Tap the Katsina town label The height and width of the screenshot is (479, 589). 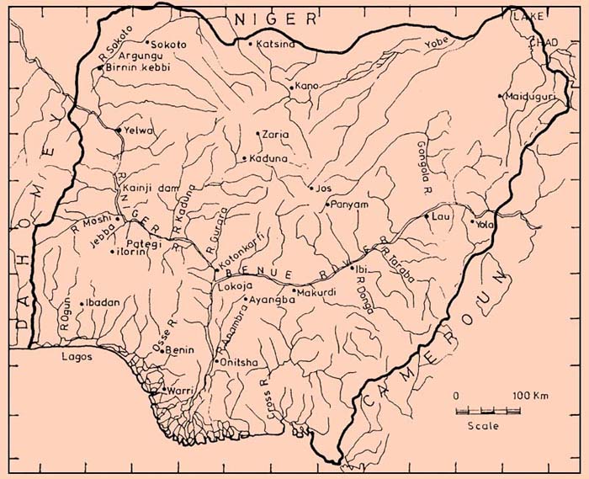[277, 44]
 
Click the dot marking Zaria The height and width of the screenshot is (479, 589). [257, 133]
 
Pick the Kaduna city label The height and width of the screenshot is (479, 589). [267, 158]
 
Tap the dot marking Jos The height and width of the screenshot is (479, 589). [310, 189]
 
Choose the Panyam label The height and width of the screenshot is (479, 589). [346, 204]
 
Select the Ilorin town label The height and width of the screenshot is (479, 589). [132, 251]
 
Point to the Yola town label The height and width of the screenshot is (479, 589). [483, 225]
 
